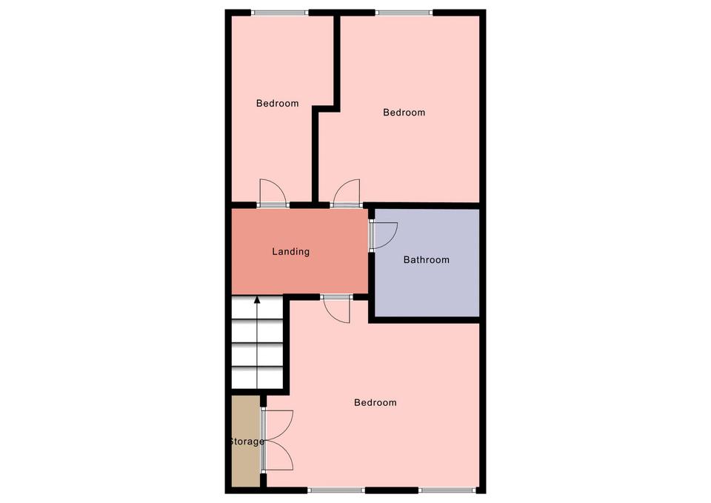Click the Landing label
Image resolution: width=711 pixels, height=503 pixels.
[x=290, y=251]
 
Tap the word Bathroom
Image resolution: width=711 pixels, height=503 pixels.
[x=427, y=260]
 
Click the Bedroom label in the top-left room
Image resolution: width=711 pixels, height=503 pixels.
[x=277, y=104]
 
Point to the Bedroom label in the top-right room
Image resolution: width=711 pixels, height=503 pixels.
[x=404, y=113]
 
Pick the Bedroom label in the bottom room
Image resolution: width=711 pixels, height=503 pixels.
[x=375, y=402]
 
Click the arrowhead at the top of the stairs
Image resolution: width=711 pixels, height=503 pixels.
[x=257, y=299]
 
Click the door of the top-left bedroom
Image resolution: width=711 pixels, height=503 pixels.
[x=273, y=193]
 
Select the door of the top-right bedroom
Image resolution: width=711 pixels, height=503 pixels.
[x=347, y=193]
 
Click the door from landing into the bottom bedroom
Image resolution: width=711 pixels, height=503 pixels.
[x=336, y=310]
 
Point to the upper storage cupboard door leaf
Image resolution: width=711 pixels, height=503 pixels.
[x=278, y=424]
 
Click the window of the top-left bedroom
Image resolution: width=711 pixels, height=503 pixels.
[x=280, y=13]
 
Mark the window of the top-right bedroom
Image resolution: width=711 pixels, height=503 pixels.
[x=404, y=13]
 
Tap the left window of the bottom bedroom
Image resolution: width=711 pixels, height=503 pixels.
[x=336, y=490]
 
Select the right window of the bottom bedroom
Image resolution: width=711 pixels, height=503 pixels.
[x=447, y=490]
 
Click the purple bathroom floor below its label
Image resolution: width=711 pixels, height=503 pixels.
[x=427, y=290]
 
